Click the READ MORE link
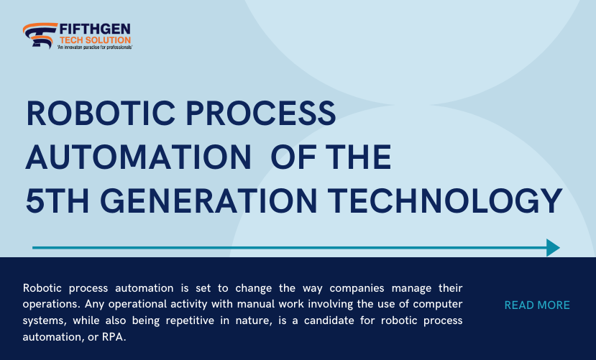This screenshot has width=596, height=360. (x=537, y=305)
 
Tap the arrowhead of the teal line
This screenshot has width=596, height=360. (x=553, y=248)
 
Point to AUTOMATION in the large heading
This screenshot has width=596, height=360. (x=138, y=157)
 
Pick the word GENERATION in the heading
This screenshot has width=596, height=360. (x=208, y=200)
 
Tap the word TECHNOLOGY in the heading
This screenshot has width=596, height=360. (x=445, y=200)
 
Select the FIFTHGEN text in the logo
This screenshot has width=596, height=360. (x=95, y=29)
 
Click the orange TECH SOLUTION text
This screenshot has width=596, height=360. (x=95, y=40)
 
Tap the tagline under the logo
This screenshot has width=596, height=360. (x=95, y=47)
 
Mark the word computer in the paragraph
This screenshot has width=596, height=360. (x=438, y=305)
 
